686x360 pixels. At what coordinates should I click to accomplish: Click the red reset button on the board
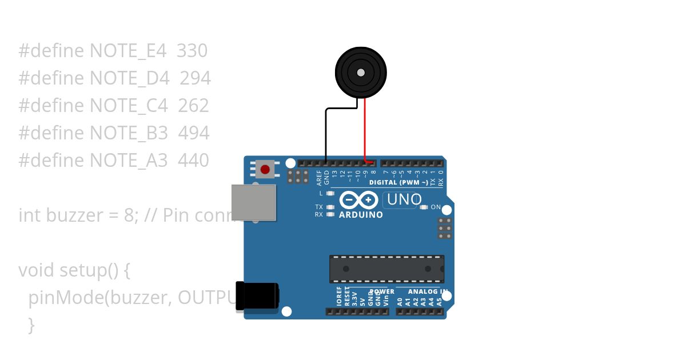265,169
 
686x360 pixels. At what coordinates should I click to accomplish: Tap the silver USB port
253,202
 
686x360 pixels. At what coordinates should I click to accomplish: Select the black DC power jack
258,296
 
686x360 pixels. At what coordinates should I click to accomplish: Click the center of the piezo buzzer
361,73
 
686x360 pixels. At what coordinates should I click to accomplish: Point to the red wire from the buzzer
365,129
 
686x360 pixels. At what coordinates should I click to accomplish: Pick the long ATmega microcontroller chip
386,269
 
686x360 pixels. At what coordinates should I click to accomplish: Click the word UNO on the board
404,200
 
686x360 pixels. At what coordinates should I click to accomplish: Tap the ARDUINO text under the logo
361,215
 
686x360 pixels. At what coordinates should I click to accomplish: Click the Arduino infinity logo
358,200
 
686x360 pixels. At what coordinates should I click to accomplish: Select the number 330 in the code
192,51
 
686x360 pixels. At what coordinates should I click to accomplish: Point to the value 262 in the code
193,106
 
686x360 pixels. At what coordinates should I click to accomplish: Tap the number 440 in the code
193,161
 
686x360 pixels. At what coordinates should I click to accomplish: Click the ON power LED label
436,207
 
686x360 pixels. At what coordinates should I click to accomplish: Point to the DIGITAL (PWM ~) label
398,183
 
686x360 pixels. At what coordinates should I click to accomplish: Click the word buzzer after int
72,215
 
